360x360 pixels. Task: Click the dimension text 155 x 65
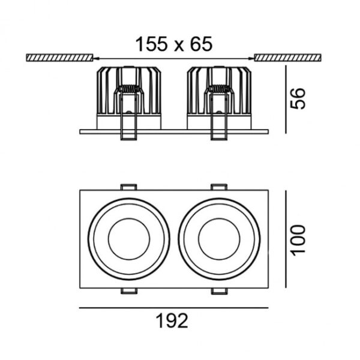point(174,44)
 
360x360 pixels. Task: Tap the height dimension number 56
point(298,98)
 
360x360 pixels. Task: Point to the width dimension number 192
point(172,321)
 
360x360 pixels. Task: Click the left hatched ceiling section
point(59,58)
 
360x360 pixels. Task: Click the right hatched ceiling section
point(287,58)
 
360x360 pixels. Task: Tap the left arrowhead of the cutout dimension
point(96,59)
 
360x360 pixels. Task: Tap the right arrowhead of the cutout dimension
point(251,59)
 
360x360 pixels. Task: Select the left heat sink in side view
point(128,91)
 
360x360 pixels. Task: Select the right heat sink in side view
point(219,91)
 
